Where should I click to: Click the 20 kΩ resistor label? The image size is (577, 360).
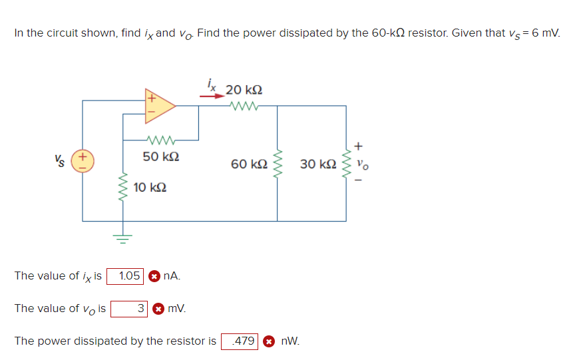click(244, 89)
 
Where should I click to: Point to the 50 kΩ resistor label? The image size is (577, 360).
click(160, 157)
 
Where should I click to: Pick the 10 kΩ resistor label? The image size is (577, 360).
click(150, 188)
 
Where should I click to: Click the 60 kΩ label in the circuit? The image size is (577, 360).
click(249, 163)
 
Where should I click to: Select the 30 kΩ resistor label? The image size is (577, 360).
click(317, 163)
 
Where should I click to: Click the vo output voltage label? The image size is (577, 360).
click(361, 162)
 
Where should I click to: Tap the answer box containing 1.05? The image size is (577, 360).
click(129, 275)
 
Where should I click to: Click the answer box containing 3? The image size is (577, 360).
click(129, 308)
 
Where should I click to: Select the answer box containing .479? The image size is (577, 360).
click(240, 341)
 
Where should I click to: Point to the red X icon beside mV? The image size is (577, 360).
click(158, 308)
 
